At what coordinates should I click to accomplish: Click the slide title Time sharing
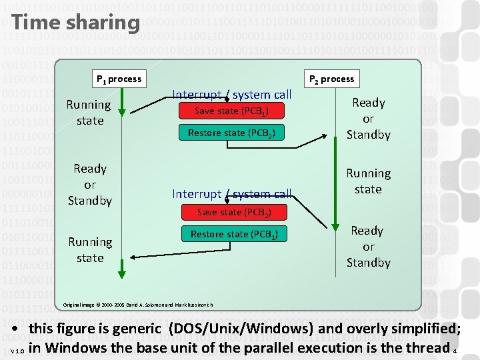click(x=75, y=22)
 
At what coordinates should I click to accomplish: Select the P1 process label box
click(x=119, y=79)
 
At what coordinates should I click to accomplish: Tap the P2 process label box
click(x=331, y=79)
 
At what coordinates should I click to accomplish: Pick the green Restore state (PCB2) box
click(x=231, y=133)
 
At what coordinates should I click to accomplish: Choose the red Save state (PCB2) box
click(x=233, y=212)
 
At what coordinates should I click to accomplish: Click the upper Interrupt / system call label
click(x=231, y=95)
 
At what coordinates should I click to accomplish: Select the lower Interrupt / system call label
click(x=231, y=193)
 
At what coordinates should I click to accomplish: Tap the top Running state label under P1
click(x=89, y=112)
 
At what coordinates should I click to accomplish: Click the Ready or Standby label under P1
click(x=90, y=184)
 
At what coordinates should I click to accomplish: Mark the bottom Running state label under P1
click(x=90, y=249)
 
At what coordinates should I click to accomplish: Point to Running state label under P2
click(x=368, y=181)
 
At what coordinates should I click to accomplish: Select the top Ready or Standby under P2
click(x=368, y=118)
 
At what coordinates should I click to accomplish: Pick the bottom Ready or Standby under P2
click(x=367, y=246)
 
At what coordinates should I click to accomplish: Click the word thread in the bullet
click(x=427, y=347)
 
